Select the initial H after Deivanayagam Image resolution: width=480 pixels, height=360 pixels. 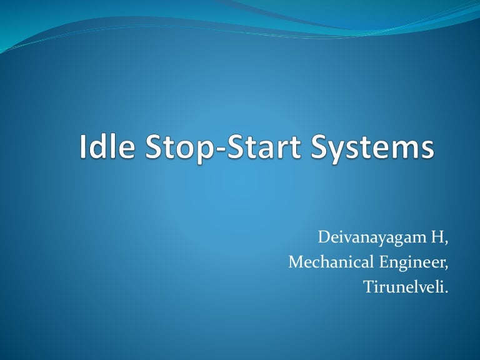click(x=439, y=237)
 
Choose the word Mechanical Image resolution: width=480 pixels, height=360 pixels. click(x=328, y=262)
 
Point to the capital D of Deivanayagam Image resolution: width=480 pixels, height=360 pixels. click(x=323, y=237)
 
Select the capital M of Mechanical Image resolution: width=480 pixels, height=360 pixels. click(x=295, y=262)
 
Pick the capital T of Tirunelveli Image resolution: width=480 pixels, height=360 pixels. click(x=367, y=287)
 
